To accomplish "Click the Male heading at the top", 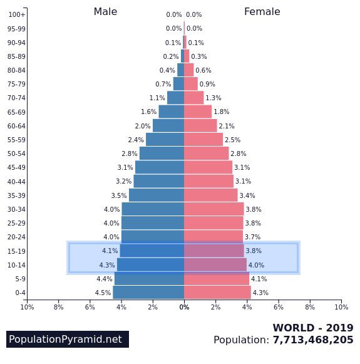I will [105, 12].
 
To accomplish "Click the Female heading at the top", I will [262, 12].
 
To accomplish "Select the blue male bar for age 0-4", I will [148, 293].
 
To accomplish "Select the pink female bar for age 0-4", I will [217, 293].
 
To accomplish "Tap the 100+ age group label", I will [17, 14].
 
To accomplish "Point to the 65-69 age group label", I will [17, 112].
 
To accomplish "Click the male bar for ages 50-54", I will [162, 153].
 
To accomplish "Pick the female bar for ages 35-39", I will [210, 195].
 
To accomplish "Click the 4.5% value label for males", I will [103, 293].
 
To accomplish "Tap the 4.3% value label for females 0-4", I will [260, 293].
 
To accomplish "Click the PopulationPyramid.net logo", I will [66, 340].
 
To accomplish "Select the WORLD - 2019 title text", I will [312, 328].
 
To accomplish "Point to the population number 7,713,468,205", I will [312, 340].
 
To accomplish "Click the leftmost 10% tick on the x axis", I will [27, 307].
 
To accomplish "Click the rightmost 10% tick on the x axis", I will [341, 307].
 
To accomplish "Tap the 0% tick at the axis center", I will [184, 307].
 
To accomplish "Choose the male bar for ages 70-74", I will [175, 98].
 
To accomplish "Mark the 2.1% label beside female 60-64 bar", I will [227, 126].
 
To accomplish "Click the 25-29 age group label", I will [17, 224].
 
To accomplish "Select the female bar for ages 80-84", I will [188, 70].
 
